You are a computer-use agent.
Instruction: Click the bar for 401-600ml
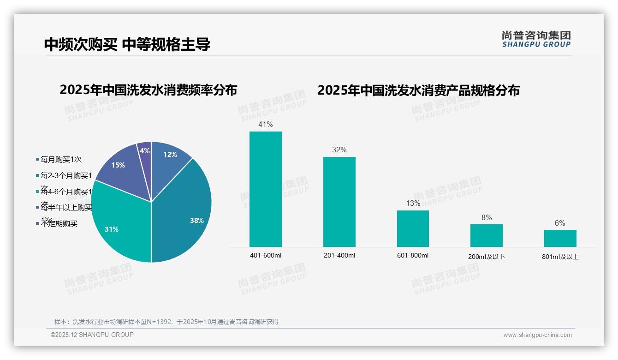click(x=266, y=189)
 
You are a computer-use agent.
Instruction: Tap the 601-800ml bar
click(x=413, y=228)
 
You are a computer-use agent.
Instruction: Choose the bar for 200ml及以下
click(x=487, y=235)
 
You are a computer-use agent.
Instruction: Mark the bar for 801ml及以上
click(x=560, y=238)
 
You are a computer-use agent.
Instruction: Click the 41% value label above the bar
click(x=266, y=124)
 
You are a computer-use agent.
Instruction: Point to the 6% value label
click(x=560, y=223)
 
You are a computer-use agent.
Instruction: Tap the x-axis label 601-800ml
click(x=413, y=255)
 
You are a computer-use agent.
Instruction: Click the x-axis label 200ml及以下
click(x=487, y=257)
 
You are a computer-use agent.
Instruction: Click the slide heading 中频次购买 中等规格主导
click(x=127, y=44)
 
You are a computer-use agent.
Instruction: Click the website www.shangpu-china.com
click(x=537, y=335)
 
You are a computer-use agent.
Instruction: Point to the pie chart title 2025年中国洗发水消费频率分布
click(x=148, y=90)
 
